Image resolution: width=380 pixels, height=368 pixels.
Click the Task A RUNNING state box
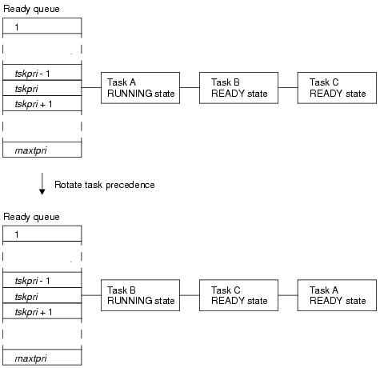(140, 88)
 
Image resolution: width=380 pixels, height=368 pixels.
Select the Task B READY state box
(238, 88)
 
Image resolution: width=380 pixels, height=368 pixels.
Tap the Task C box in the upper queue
(337, 88)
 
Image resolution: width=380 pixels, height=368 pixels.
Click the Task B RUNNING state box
(140, 295)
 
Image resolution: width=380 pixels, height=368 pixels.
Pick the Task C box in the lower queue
(238, 295)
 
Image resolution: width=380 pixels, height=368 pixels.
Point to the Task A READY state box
(337, 295)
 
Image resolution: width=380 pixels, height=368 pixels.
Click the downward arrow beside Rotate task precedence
(42, 184)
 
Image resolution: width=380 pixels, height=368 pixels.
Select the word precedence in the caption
(130, 185)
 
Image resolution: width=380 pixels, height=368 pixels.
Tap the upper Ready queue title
(31, 9)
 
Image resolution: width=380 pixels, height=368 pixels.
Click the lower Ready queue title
(31, 217)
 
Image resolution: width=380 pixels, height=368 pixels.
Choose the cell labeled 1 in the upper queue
(42, 26)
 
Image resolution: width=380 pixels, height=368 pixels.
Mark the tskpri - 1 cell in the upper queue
(42, 72)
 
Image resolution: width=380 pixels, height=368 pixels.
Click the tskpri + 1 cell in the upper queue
(42, 103)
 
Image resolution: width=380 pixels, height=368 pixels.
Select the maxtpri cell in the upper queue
(42, 150)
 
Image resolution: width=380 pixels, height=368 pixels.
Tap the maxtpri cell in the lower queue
(42, 357)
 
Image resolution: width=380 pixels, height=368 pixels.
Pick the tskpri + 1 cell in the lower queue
(42, 310)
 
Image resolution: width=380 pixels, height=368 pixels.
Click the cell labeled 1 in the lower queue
(42, 234)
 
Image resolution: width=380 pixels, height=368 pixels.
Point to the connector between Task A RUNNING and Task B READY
(190, 87)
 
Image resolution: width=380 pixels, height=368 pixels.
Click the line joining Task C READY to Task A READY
(288, 295)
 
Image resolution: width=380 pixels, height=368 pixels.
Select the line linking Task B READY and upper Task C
(288, 87)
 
